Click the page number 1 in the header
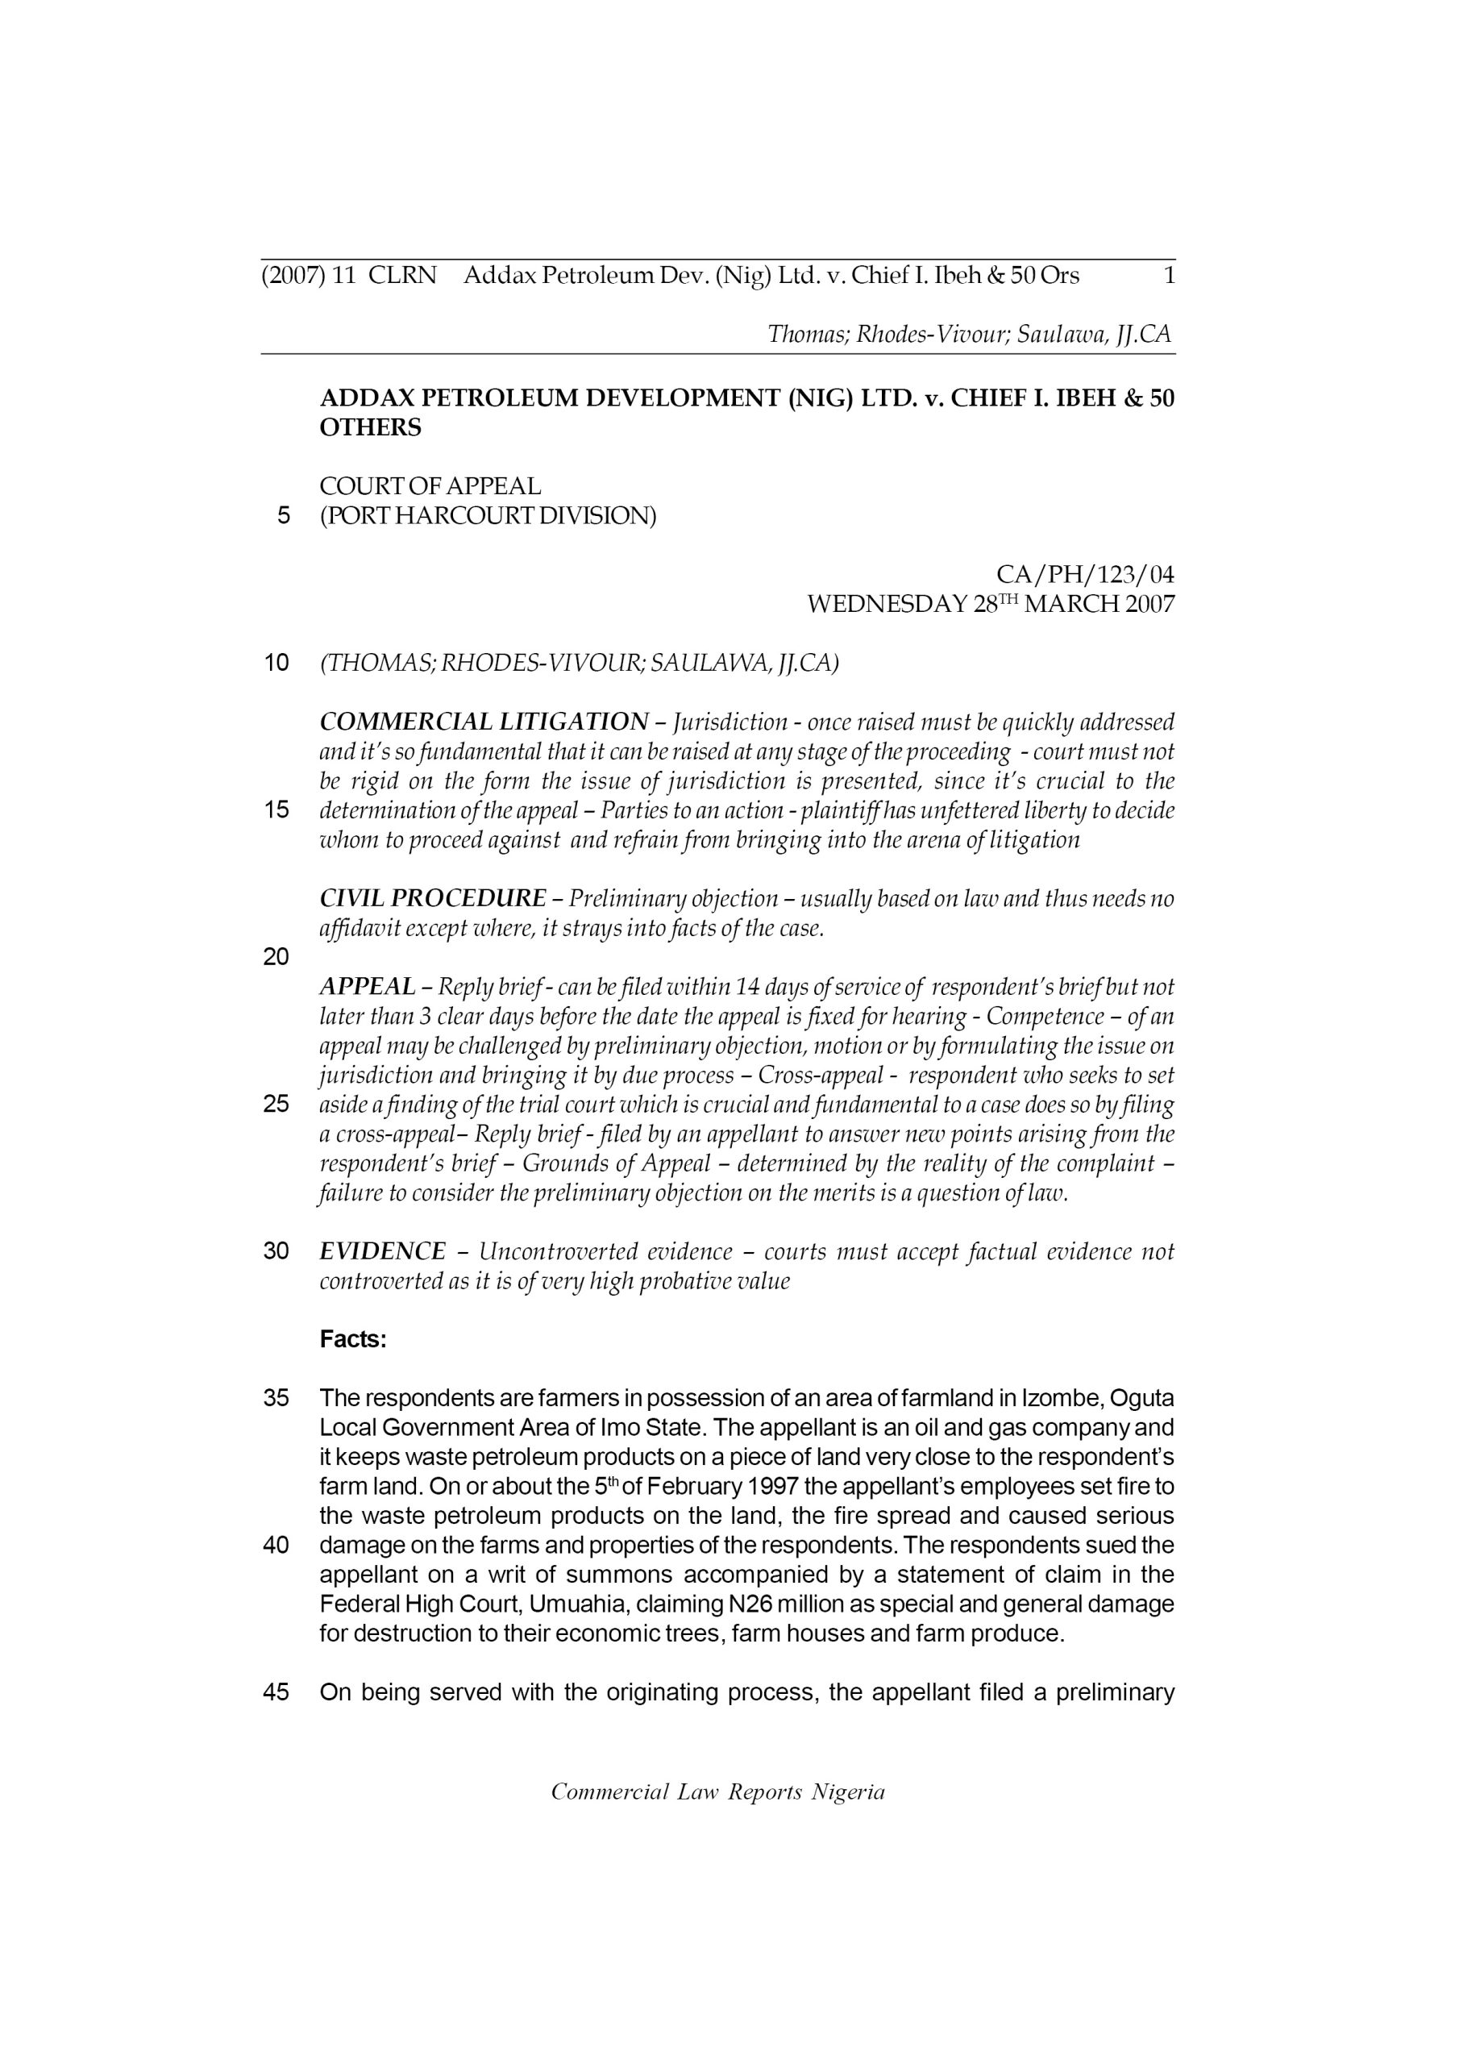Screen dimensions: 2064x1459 pos(1169,276)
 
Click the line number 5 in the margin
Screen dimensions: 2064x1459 pos(284,516)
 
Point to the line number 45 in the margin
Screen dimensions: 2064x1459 pos(276,1693)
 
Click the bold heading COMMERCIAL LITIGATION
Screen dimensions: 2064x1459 pos(484,722)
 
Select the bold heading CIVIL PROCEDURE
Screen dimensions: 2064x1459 pos(432,898)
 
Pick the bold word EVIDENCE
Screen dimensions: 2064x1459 pos(383,1251)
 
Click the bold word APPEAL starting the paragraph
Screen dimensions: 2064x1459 pos(368,987)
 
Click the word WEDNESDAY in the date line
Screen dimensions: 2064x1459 pos(887,604)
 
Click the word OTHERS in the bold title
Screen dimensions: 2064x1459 pos(370,429)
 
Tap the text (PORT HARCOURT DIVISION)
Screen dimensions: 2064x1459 pos(488,517)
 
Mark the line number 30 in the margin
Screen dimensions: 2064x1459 pos(276,1251)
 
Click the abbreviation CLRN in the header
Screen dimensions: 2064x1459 pos(402,276)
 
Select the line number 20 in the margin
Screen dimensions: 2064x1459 pos(276,957)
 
